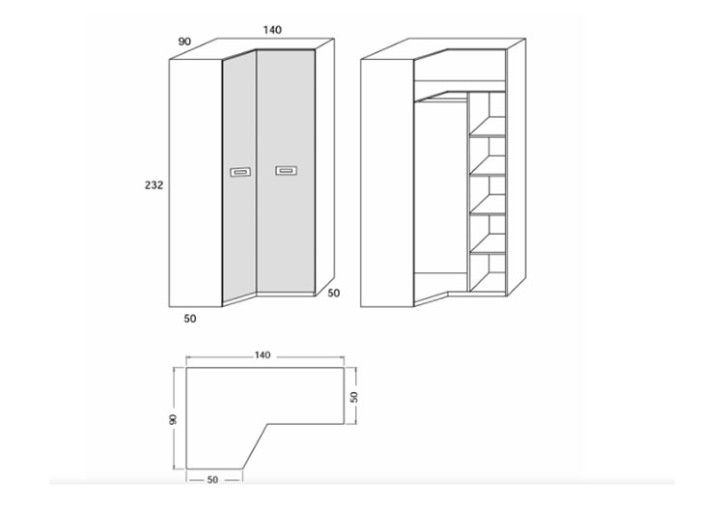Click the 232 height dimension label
153,185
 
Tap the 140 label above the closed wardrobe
272,30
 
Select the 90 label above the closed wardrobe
184,42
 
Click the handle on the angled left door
240,172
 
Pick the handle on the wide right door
287,170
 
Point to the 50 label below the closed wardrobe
190,319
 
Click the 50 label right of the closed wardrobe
333,294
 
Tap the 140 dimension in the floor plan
263,355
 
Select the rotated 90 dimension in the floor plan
173,419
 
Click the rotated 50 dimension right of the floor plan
354,397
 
